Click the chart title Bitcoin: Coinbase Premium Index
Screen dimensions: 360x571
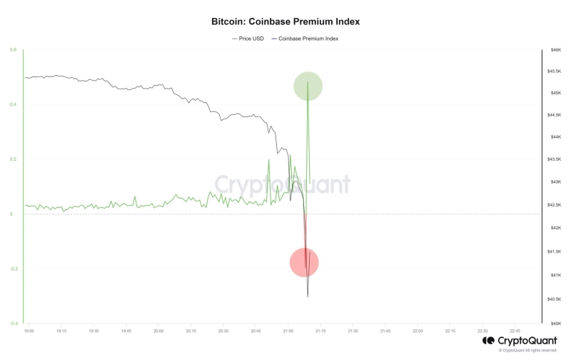pos(285,21)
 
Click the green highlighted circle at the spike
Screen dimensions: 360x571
pos(308,86)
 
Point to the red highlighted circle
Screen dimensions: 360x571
pos(304,262)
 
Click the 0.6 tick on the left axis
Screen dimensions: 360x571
pos(13,50)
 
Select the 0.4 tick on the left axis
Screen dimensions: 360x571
pos(13,105)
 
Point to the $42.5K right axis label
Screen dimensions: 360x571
pos(555,205)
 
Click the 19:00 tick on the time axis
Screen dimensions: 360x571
pos(29,331)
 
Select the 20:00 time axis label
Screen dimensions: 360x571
pos(158,331)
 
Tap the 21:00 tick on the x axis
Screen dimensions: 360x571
pos(288,331)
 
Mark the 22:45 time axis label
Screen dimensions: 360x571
pos(515,331)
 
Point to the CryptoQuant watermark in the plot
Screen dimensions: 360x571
pos(283,184)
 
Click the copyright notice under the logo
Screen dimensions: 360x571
pos(528,350)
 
